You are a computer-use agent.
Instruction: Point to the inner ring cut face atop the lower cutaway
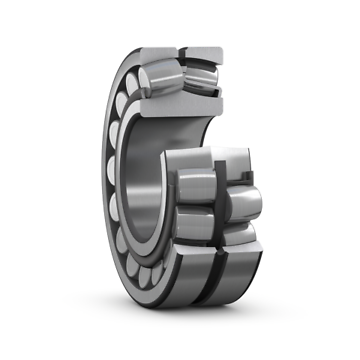pos(206,157)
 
